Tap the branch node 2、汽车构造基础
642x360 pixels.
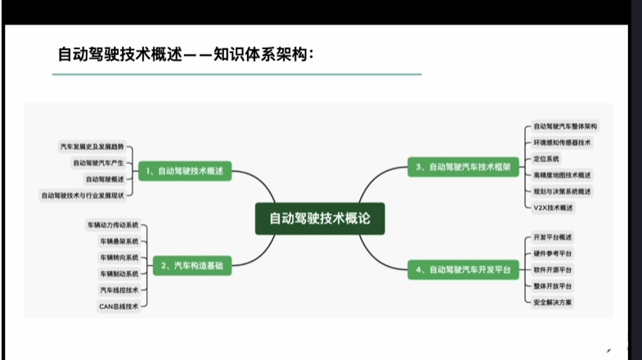tap(193, 266)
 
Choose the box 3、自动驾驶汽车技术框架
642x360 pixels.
tap(462, 167)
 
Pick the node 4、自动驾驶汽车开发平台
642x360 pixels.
tap(462, 269)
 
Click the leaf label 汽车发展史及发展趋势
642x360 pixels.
tap(92, 147)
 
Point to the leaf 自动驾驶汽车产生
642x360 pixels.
tap(97, 163)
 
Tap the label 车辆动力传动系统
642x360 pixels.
tap(113, 224)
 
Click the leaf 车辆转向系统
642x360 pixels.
tap(119, 257)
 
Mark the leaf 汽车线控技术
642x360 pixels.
tap(119, 290)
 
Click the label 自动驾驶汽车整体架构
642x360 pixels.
tap(565, 127)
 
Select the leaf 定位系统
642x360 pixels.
tap(546, 159)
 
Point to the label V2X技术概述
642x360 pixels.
tap(553, 208)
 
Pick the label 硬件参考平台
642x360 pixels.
tap(553, 253)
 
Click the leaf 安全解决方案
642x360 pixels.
tap(553, 302)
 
